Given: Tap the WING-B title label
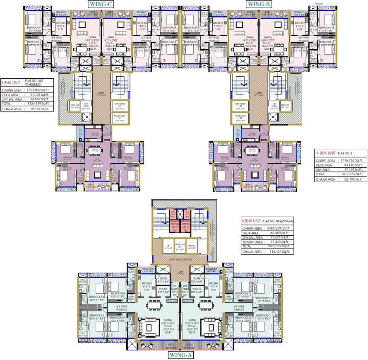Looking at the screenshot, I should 259,4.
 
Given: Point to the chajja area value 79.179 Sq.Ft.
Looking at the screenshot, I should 38,109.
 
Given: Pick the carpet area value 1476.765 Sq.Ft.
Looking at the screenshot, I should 351,160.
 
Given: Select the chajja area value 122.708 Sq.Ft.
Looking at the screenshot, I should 352,179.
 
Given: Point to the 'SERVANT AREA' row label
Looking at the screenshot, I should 253,246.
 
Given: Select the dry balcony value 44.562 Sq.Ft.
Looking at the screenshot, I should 38,99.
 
